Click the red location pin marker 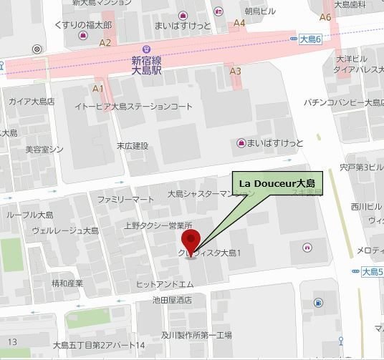190,240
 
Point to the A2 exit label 105,43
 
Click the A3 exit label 235,71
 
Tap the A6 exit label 325,16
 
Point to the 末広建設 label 133,146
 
